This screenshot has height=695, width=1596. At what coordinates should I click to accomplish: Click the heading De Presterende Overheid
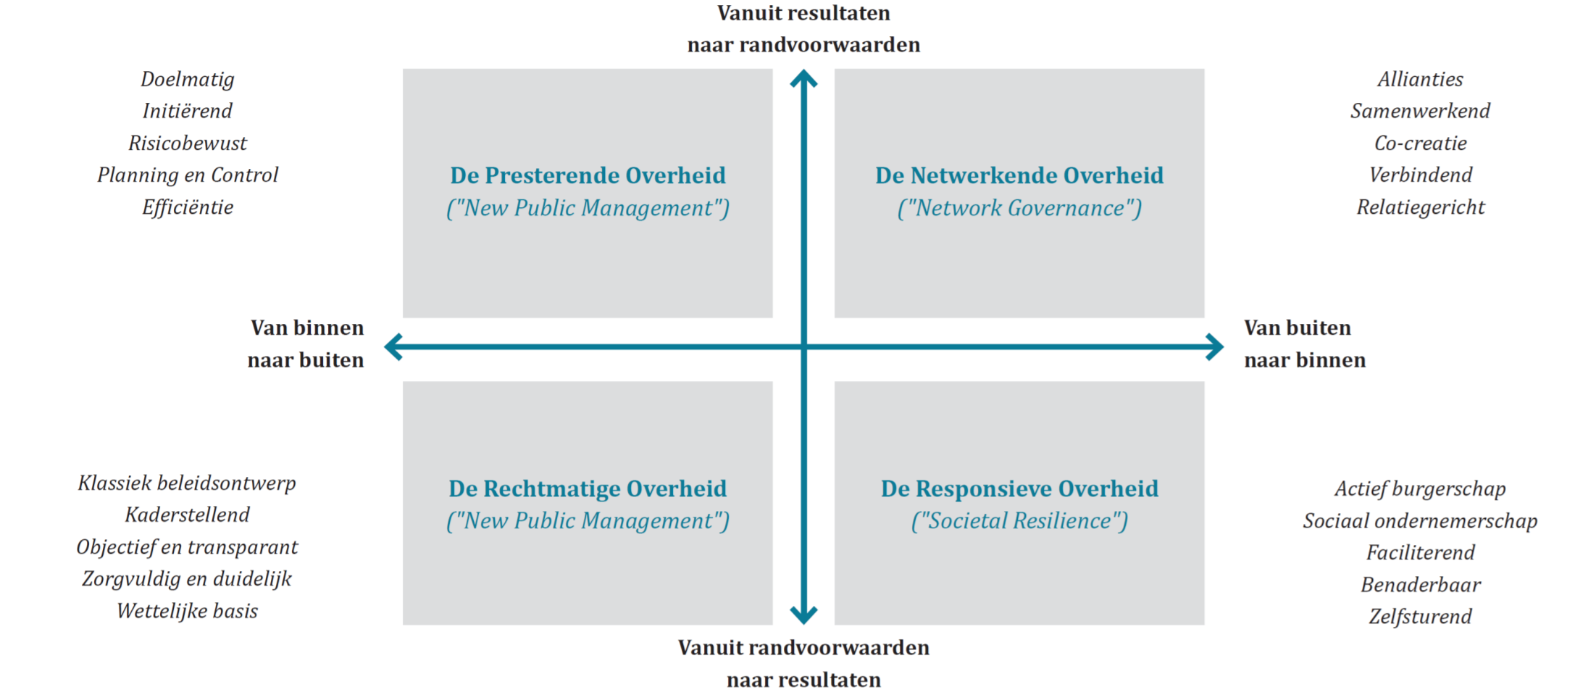(588, 175)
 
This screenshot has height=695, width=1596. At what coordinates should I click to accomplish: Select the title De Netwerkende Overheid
(1019, 175)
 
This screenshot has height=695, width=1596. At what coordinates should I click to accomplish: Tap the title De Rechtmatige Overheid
(588, 488)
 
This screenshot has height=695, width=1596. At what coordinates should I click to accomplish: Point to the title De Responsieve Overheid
(1019, 488)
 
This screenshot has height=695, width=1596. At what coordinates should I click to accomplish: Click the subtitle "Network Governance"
(1019, 209)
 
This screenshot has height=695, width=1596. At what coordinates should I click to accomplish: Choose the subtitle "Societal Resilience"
(1019, 521)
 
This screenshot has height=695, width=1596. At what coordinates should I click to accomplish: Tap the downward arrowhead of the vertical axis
(803, 615)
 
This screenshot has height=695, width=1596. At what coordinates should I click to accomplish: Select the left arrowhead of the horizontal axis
(393, 347)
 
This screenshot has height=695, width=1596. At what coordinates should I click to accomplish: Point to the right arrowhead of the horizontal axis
(1215, 347)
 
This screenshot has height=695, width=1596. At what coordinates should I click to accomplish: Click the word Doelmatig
(188, 80)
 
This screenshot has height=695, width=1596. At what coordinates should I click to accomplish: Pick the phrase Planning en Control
(188, 175)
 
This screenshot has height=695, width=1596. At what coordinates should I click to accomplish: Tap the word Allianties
(1420, 79)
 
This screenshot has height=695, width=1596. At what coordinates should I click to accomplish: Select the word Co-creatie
(1420, 143)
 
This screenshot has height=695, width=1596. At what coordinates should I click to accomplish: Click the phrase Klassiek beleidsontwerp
(187, 483)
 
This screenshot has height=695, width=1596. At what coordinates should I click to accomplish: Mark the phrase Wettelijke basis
(187, 612)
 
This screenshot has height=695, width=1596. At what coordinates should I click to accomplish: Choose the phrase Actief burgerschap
(1420, 489)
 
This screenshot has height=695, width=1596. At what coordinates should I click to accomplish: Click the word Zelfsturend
(1420, 617)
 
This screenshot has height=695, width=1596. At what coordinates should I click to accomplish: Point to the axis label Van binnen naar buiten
(306, 344)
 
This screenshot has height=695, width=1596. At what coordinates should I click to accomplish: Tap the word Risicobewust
(188, 143)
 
